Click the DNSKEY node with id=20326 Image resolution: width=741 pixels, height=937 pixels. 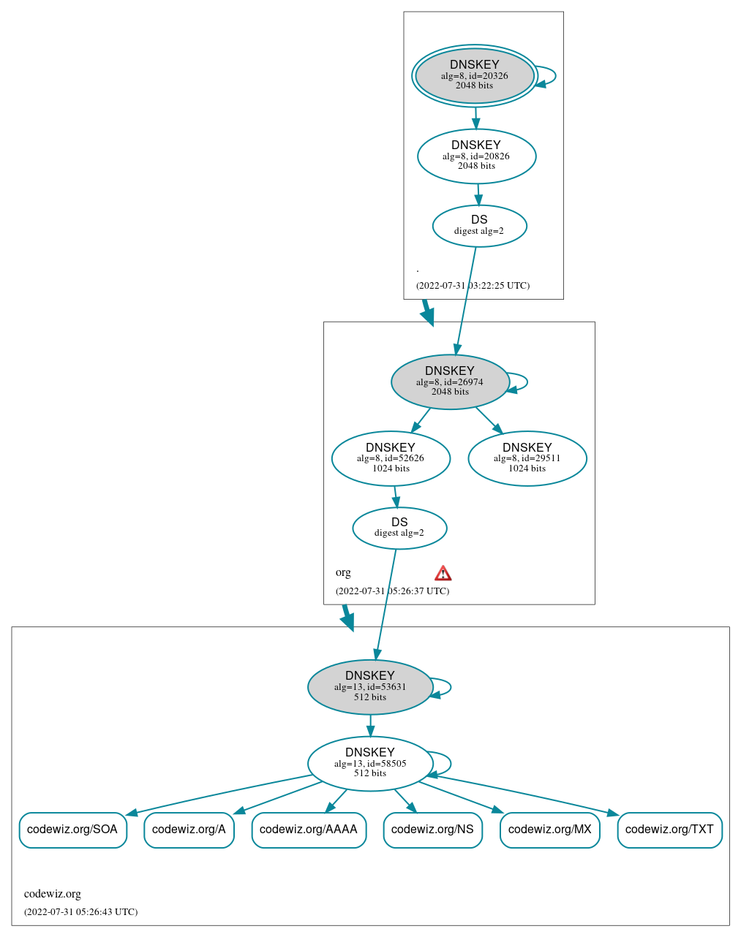pyautogui.click(x=475, y=76)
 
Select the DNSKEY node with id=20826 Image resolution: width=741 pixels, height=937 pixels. pyautogui.click(x=476, y=156)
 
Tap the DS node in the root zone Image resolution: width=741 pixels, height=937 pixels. pyautogui.click(x=479, y=226)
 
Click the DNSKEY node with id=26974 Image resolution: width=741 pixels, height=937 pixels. pyautogui.click(x=450, y=382)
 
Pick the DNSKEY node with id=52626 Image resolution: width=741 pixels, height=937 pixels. pyautogui.click(x=391, y=459)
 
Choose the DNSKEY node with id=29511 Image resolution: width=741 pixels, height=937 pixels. pyautogui.click(x=527, y=459)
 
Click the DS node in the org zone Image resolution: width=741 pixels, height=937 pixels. pyautogui.click(x=399, y=528)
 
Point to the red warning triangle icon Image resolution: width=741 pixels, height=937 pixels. pyautogui.click(x=443, y=573)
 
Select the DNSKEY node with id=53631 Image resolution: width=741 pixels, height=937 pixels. pyautogui.click(x=370, y=687)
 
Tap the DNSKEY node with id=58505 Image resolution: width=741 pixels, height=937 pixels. pyautogui.click(x=370, y=764)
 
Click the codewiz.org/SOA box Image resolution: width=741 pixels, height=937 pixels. pyautogui.click(x=72, y=830)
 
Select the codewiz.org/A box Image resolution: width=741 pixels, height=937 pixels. pyautogui.click(x=189, y=830)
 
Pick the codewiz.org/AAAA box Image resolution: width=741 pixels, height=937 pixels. pyautogui.click(x=309, y=830)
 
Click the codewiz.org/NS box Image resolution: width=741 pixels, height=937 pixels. pyautogui.click(x=432, y=830)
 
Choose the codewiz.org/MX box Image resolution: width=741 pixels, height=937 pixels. pyautogui.click(x=549, y=830)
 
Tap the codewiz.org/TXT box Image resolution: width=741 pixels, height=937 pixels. pyautogui.click(x=669, y=830)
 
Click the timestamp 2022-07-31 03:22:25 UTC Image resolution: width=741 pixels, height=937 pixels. pyautogui.click(x=473, y=286)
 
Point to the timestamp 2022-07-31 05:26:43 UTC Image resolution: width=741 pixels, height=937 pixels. pyautogui.click(x=80, y=912)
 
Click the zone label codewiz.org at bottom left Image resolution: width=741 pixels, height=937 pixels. pyautogui.click(x=53, y=894)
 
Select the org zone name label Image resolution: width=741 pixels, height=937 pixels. pyautogui.click(x=343, y=572)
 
